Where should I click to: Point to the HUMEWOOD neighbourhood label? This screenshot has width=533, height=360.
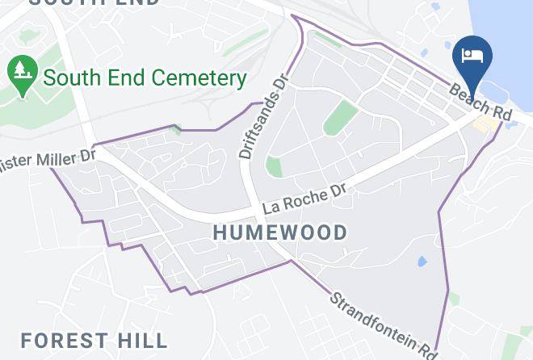coord(280,232)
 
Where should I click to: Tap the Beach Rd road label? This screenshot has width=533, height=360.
coord(481,102)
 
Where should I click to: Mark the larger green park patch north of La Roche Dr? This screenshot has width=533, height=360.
coord(341,118)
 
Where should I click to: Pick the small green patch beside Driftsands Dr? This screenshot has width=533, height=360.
coord(275,167)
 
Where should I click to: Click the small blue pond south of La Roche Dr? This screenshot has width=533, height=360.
coord(421,262)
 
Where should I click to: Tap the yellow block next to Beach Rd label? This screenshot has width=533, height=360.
coord(486,124)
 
